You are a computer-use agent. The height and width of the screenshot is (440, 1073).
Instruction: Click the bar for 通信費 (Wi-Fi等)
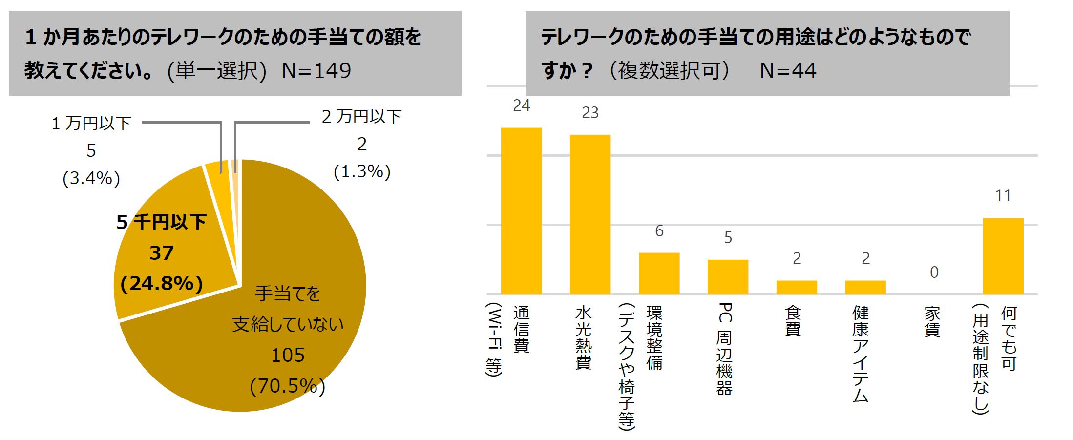point(521,211)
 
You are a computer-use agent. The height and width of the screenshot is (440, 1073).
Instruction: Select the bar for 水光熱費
point(590,214)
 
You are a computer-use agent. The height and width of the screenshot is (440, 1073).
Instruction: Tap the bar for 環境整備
point(659,273)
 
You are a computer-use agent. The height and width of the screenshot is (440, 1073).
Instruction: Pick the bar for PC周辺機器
point(728,277)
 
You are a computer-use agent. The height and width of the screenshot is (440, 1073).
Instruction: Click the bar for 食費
point(797,287)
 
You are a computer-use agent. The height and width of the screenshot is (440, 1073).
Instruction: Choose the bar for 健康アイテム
point(865,287)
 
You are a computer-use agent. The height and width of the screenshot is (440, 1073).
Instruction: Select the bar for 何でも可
point(1003,256)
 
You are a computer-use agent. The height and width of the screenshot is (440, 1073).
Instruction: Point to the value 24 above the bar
point(521,105)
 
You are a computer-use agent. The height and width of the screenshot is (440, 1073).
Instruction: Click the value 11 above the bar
point(1003,196)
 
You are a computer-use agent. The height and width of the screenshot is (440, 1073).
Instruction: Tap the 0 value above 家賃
point(934,272)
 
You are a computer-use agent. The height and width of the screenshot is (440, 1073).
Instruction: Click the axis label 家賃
point(932,322)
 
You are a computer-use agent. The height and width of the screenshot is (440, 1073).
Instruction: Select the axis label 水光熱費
point(583,337)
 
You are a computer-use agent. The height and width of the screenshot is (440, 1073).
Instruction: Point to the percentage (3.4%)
point(91,178)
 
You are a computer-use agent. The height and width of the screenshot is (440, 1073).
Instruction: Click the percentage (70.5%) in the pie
point(287,386)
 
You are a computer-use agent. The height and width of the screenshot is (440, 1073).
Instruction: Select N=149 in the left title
point(316,71)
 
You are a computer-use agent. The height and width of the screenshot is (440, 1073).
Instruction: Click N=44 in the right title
point(788,71)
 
